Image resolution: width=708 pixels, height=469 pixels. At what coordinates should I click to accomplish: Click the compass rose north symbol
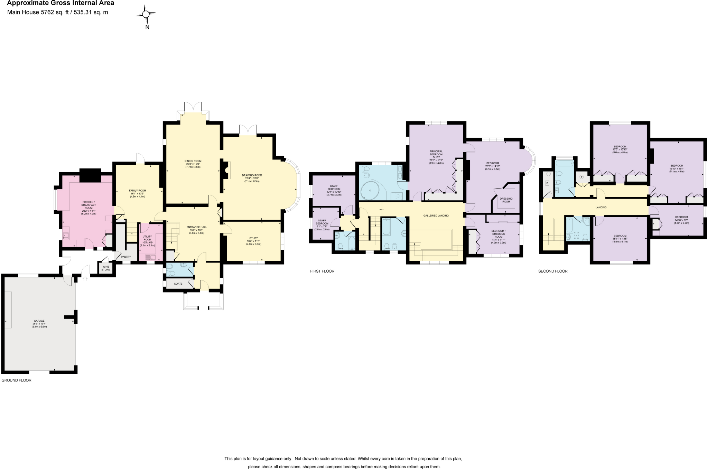click(146, 14)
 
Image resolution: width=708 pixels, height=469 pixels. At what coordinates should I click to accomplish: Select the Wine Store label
click(105, 268)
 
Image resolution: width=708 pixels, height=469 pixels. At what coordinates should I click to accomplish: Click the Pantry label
click(126, 257)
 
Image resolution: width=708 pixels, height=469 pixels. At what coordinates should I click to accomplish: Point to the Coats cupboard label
click(178, 284)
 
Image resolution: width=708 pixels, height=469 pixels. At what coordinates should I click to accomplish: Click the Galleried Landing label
click(436, 215)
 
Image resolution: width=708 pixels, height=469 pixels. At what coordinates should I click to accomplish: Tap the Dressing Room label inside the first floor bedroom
click(506, 200)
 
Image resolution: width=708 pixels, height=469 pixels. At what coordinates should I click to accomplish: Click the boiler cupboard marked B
click(547, 183)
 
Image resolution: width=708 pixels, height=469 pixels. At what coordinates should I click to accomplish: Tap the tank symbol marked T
click(581, 177)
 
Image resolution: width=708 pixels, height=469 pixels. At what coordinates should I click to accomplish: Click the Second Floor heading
click(553, 271)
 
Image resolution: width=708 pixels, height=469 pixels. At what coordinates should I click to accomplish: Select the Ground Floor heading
click(16, 380)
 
